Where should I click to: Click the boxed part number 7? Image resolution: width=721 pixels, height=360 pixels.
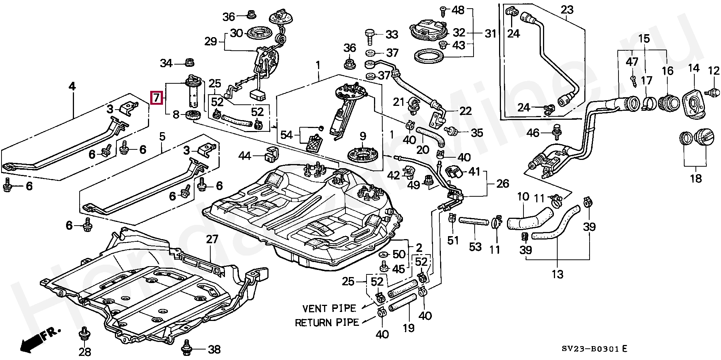coord(156,98)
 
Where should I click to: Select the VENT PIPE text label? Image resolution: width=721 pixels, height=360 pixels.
coord(329,308)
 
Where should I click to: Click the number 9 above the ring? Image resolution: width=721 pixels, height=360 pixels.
coord(362,136)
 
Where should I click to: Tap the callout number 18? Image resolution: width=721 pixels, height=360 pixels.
coord(695,178)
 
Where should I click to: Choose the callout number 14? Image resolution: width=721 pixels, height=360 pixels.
coord(694,68)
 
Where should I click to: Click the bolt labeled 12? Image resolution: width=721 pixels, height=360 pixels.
coord(711,91)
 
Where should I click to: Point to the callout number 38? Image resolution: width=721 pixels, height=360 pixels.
coord(214,350)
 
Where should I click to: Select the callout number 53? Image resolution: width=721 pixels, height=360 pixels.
coord(475,247)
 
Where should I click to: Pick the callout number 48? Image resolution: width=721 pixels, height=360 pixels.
coord(458,10)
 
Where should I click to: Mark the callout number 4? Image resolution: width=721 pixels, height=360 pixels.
coord(72,87)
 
